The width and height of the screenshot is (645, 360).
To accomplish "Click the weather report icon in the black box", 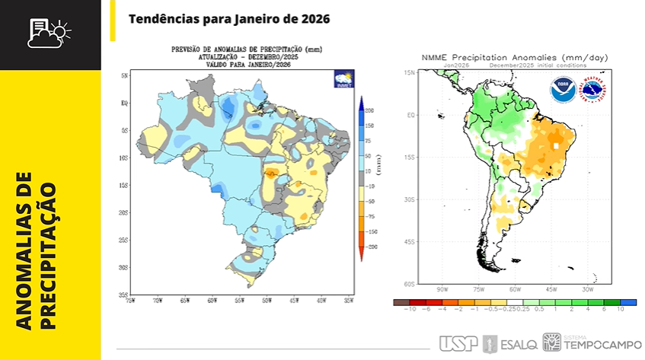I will [49, 32].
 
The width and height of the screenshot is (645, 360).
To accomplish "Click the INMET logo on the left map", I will [343, 78].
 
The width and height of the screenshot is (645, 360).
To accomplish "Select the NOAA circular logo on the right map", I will [562, 89].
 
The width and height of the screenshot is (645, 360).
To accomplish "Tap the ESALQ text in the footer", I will [520, 344].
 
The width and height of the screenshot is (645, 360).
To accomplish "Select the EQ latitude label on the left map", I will [124, 103].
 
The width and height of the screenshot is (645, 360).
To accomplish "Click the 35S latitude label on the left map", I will [123, 295].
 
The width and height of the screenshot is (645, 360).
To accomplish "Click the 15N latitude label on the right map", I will [408, 72].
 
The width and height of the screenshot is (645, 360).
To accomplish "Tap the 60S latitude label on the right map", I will [408, 284].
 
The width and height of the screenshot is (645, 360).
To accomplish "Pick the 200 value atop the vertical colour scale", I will [369, 110].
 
